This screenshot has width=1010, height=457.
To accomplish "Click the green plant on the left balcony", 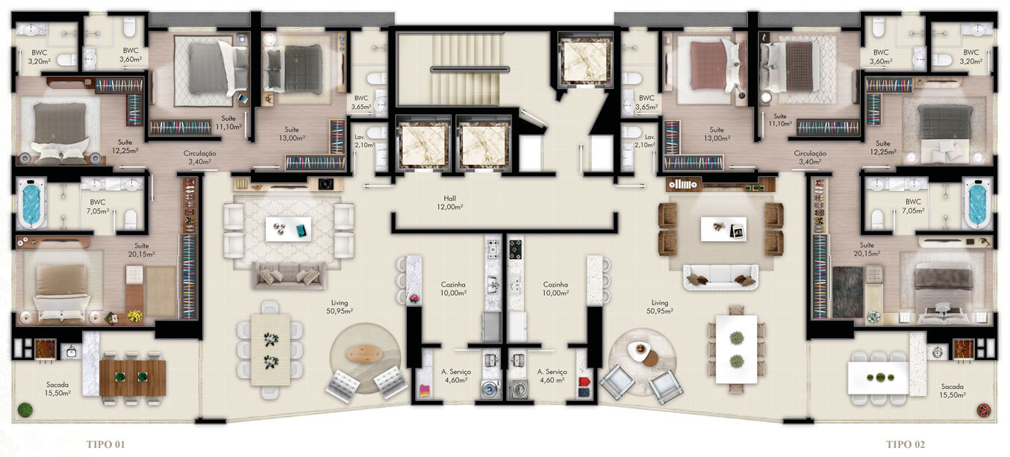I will coord(25,409).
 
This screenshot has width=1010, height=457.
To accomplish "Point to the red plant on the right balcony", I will coord(984,409).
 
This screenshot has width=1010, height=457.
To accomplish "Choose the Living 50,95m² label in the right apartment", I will coord(660,306).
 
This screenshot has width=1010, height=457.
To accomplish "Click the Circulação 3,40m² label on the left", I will coord(200,157).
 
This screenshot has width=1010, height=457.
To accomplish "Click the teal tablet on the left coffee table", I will coord(302,231).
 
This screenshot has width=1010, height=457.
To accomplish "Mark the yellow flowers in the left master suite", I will coord(134,316).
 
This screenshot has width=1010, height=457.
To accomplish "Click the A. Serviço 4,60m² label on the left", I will coord(455,376).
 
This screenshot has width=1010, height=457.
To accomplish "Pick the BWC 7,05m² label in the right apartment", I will coord(913,207).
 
